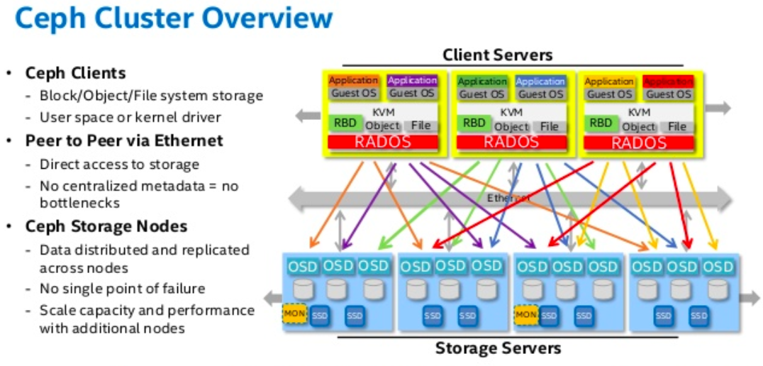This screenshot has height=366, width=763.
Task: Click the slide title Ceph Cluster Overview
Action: [x=174, y=19]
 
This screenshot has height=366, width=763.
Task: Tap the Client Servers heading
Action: [x=497, y=55]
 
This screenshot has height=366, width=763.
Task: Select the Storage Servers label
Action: [x=498, y=348]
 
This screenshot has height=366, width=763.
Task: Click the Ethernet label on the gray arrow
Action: [x=508, y=199]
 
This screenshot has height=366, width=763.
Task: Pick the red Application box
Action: [x=668, y=82]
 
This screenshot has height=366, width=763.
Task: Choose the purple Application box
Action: [x=412, y=81]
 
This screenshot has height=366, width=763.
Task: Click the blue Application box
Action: [x=540, y=82]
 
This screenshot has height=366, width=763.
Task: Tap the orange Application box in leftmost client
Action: [x=353, y=81]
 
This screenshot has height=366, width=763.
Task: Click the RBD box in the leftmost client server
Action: [x=345, y=123]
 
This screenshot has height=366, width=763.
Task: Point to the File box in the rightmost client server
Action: [x=677, y=127]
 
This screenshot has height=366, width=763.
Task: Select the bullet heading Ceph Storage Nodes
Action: [x=106, y=226]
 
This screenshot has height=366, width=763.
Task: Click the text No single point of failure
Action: [x=122, y=289]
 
